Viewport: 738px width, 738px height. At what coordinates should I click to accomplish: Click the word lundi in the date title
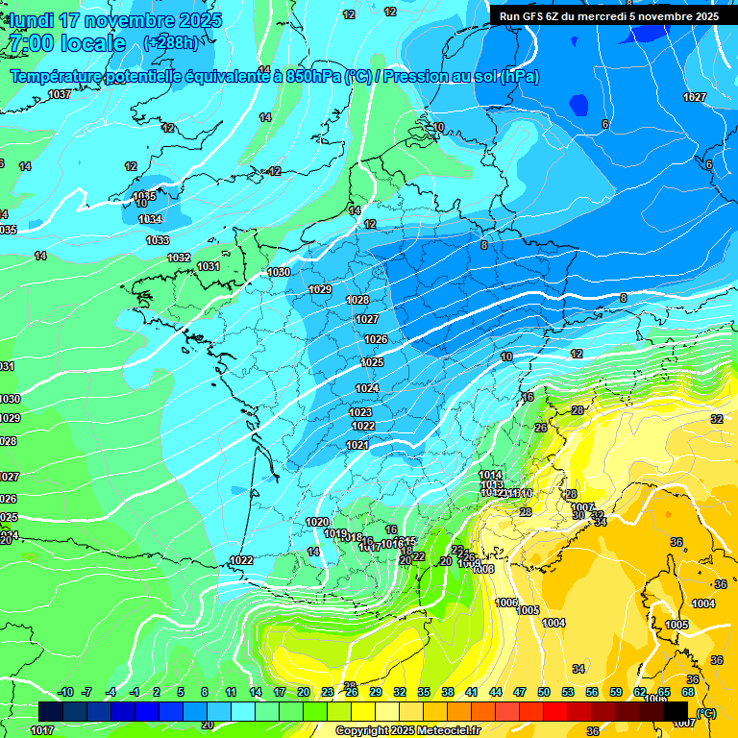32,20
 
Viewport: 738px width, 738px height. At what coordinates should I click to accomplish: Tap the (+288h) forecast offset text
173,43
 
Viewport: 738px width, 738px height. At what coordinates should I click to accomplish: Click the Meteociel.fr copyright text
408,730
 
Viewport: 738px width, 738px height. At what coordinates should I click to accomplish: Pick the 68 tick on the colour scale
688,692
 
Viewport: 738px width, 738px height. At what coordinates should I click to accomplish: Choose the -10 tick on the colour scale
66,692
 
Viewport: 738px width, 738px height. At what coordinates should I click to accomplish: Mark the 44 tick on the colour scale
496,692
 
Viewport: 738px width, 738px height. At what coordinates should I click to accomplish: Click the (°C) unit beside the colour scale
706,712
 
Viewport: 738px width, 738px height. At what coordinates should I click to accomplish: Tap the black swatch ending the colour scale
676,711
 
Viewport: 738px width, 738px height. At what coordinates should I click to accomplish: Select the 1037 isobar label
60,94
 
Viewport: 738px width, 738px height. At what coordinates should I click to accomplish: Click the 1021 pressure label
357,445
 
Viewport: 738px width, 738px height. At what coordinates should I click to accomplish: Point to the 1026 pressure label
376,339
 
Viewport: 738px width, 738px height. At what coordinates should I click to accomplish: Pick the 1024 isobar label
367,388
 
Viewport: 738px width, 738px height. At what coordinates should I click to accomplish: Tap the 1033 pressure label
158,240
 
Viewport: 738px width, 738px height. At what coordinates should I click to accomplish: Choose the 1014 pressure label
490,475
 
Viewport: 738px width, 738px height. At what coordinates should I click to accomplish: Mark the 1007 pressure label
582,507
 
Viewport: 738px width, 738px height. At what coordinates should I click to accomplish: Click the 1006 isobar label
506,603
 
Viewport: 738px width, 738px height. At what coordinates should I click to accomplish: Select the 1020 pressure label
317,522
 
